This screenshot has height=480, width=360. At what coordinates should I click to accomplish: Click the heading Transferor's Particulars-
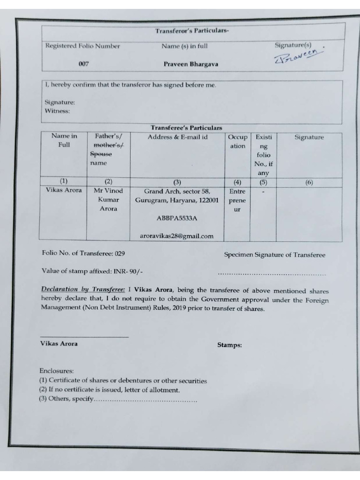pyautogui.click(x=192, y=31)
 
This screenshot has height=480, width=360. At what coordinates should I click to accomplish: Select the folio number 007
pyautogui.click(x=84, y=64)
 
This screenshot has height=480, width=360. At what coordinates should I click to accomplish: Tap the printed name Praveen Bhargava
pyautogui.click(x=191, y=64)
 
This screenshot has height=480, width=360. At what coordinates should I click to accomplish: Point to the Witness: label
pyautogui.click(x=57, y=111)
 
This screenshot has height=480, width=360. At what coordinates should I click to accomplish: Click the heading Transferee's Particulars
pyautogui.click(x=187, y=127)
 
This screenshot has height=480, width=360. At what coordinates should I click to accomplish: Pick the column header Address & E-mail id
pyautogui.click(x=177, y=137)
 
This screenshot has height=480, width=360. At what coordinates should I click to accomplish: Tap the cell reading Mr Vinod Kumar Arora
pyautogui.click(x=108, y=200)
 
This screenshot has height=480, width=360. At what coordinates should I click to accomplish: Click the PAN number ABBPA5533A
pyautogui.click(x=177, y=218)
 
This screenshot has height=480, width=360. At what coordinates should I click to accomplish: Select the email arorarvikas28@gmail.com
pyautogui.click(x=177, y=236)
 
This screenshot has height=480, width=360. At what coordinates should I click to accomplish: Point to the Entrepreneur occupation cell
pyautogui.click(x=237, y=200)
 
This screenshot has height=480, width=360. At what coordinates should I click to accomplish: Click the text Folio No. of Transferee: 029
pyautogui.click(x=83, y=254)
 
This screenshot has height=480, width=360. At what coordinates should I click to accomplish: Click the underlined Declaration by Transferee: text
pyautogui.click(x=83, y=290)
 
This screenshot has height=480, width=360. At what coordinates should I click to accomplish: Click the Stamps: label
pyautogui.click(x=230, y=345)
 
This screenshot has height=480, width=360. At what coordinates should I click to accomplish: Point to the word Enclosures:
pyautogui.click(x=57, y=371)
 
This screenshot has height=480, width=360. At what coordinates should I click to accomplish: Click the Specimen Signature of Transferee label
pyautogui.click(x=274, y=255)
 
